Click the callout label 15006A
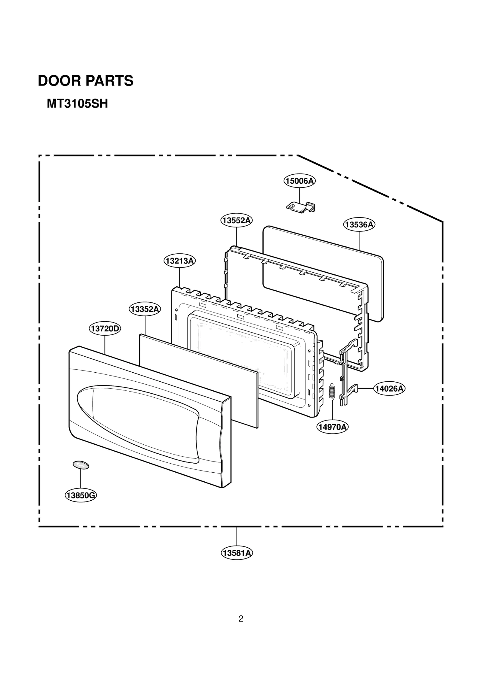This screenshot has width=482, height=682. point(299,181)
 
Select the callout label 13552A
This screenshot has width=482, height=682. point(236,220)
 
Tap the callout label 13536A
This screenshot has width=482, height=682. point(359,224)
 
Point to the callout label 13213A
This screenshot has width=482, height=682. point(180,261)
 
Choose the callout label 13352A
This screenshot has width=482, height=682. point(145,309)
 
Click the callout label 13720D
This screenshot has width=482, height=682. point(105,328)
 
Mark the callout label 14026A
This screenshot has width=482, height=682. point(389,389)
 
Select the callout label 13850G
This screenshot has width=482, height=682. point(81,495)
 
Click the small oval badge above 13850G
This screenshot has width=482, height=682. point(81,465)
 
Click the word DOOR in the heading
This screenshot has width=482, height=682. point(59,81)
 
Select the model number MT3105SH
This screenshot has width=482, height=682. point(77,104)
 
